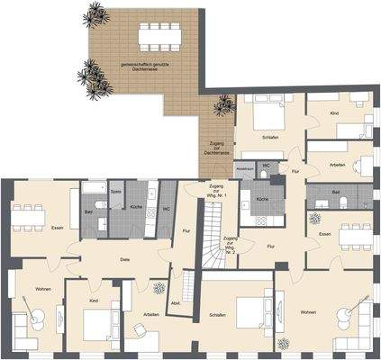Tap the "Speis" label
[x=115, y=192]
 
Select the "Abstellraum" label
[x=245, y=168]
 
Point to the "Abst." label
[x=176, y=302]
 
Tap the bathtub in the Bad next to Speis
[x=94, y=190]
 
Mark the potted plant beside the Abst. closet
[x=159, y=289]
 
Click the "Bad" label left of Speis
[x=88, y=212]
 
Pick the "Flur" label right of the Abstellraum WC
[x=295, y=169]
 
